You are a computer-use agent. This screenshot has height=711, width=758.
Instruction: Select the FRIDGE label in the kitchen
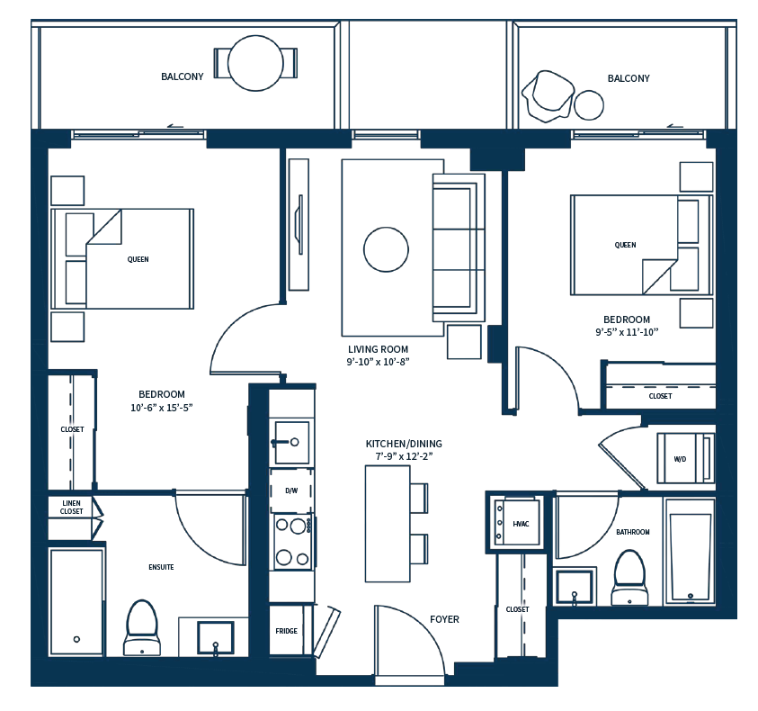click(x=287, y=631)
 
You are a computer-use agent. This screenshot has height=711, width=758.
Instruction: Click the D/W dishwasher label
click(x=291, y=490)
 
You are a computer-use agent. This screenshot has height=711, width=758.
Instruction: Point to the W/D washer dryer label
click(x=680, y=459)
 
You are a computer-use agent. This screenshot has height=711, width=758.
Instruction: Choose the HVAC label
click(x=521, y=523)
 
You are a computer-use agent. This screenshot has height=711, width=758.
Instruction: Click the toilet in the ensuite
click(x=141, y=625)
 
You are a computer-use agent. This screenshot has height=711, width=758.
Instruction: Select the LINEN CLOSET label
click(x=73, y=508)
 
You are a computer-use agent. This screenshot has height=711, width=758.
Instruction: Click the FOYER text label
click(x=444, y=619)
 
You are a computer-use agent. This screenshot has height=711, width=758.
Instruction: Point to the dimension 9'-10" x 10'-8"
click(x=378, y=362)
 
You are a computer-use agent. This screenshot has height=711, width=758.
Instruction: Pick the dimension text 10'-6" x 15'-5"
click(x=162, y=408)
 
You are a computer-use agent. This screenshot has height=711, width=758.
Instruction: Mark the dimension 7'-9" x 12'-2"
click(x=404, y=456)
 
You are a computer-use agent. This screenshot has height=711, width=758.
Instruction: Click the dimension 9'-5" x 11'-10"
click(x=627, y=331)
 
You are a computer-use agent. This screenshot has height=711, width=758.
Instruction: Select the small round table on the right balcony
click(x=589, y=105)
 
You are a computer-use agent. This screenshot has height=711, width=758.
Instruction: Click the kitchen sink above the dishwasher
click(x=292, y=441)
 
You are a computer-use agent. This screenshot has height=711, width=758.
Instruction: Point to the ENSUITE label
click(x=161, y=567)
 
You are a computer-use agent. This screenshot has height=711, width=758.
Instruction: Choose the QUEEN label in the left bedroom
click(x=138, y=259)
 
